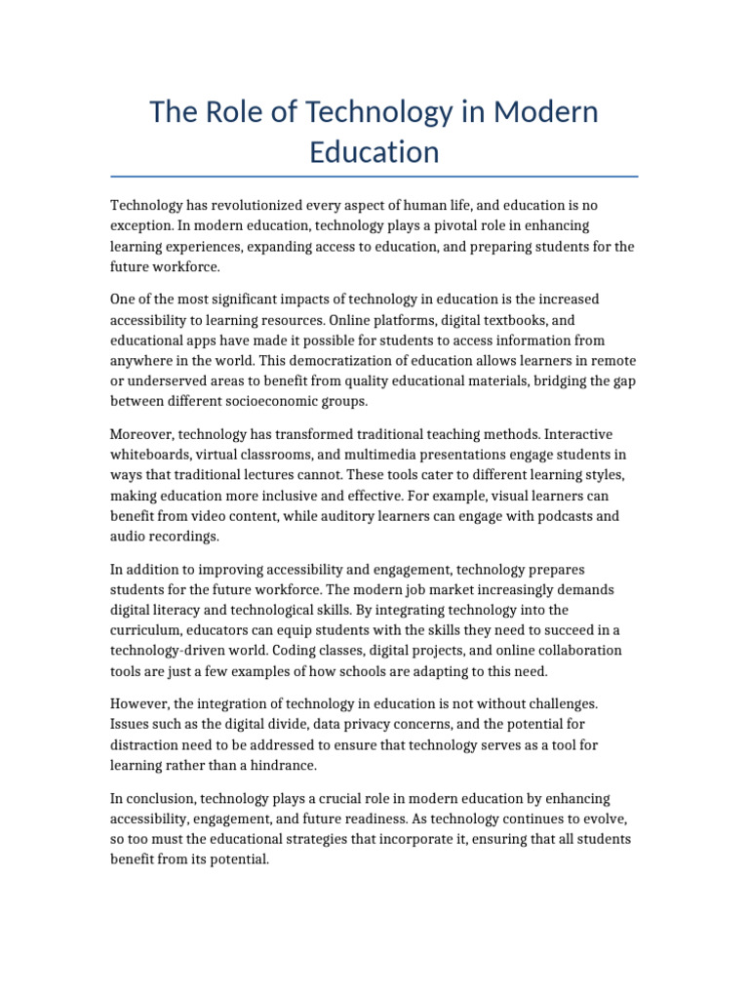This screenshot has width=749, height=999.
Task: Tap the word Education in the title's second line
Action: [x=374, y=152]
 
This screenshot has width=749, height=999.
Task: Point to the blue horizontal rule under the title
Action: [x=374, y=177]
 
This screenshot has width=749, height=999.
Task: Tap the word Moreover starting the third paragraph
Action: [x=142, y=433]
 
